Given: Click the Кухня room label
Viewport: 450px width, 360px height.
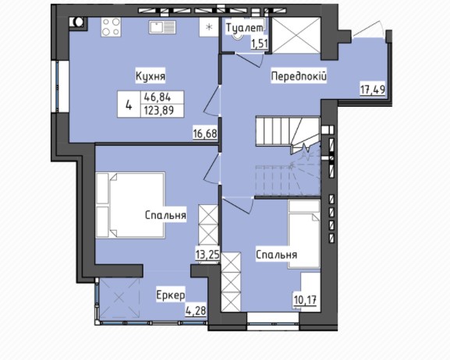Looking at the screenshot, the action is pos(151,76).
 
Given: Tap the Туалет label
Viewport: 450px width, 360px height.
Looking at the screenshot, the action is pos(244,28).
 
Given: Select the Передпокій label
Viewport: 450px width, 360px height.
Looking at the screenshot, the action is pos(299,76).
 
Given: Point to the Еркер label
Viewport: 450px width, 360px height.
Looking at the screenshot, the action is pos(171,295).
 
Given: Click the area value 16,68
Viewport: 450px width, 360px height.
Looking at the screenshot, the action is pos(205,134).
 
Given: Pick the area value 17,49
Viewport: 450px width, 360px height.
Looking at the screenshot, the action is pos(373,90).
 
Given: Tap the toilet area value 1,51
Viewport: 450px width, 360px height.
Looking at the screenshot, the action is pos(260,44).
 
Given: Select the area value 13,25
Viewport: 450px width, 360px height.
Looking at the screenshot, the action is pos(207,254).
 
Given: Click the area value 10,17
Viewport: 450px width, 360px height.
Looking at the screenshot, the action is pos(305,301).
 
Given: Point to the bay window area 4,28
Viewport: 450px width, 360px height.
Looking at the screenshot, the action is pos(196,311).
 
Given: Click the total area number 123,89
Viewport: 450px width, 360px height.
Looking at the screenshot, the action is pos(159,111).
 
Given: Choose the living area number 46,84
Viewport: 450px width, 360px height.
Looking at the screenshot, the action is pos(158,98).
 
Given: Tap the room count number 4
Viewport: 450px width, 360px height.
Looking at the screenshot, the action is pos(129,105).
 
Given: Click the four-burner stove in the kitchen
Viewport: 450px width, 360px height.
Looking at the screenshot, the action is pos(111,27).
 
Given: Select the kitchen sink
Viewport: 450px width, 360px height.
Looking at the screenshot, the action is pos(162,27).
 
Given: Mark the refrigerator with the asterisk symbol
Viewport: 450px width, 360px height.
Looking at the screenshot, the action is pos(209,27).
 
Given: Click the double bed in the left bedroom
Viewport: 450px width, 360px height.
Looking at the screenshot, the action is pos(130,206).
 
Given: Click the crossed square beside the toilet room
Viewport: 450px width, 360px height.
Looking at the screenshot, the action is pos(296,35).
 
